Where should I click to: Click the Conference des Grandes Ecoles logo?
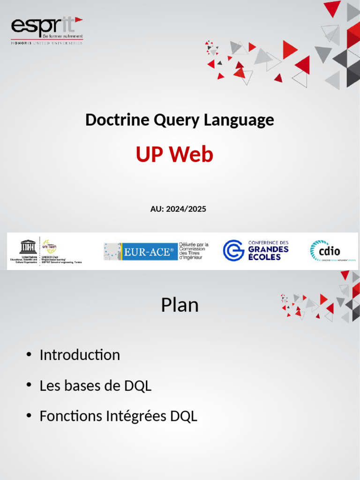pyautogui.click(x=255, y=250)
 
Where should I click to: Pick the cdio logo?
pyautogui.click(x=325, y=251)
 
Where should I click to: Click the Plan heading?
pyautogui.click(x=180, y=305)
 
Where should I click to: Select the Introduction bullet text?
pyautogui.click(x=80, y=355)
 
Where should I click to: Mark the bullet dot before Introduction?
pyautogui.click(x=29, y=354)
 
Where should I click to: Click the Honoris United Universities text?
pyautogui.click(x=46, y=43)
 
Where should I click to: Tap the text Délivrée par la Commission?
pyautogui.click(x=194, y=247)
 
